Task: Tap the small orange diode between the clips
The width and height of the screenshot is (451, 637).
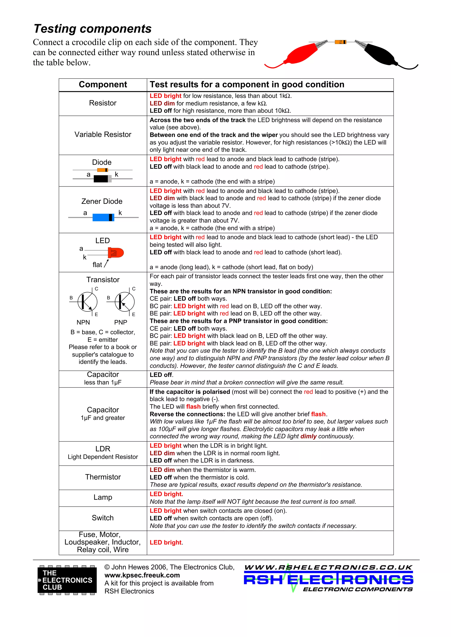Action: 340,42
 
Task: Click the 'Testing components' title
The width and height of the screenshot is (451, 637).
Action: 92,29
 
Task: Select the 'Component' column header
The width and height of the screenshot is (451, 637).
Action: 103,85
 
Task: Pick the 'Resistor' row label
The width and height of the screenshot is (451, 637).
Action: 103,103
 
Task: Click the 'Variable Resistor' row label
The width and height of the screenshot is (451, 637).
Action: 103,135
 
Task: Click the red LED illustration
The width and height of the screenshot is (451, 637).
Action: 116,253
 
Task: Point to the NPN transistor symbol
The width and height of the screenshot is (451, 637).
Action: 87,302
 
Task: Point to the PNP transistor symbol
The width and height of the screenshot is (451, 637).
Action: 124,302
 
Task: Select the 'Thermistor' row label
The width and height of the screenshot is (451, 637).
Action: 103,477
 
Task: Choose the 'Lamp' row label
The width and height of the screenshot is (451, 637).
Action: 103,497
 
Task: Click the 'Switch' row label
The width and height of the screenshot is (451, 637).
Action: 103,518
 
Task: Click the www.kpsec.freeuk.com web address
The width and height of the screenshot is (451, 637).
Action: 142,575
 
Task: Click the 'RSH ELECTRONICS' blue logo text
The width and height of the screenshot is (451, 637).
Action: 328,580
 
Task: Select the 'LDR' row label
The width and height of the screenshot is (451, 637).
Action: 103,449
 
